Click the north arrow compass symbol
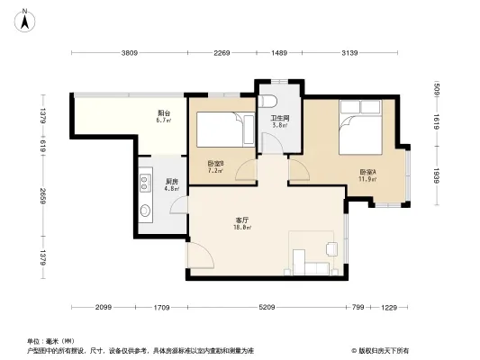point(28,15)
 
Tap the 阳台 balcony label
point(163,112)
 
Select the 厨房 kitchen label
point(171,182)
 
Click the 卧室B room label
point(215,163)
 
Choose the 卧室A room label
point(367,172)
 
